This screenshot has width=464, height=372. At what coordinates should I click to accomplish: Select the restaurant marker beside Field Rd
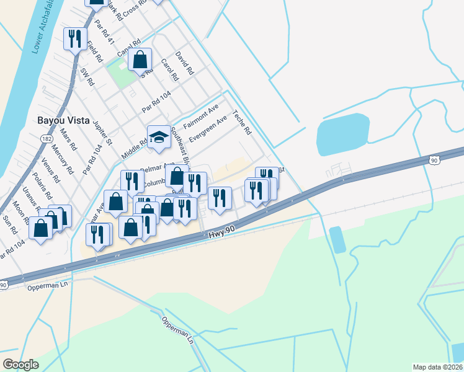click(x=74, y=39)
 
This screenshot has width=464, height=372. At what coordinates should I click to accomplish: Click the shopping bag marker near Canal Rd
click(x=141, y=61)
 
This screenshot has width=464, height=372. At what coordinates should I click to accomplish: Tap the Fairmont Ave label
click(x=201, y=116)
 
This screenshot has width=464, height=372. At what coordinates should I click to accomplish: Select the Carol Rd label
click(x=169, y=70)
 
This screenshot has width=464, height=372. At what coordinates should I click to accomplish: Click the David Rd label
click(x=184, y=64)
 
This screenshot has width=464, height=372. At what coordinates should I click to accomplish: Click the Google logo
click(x=21, y=364)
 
